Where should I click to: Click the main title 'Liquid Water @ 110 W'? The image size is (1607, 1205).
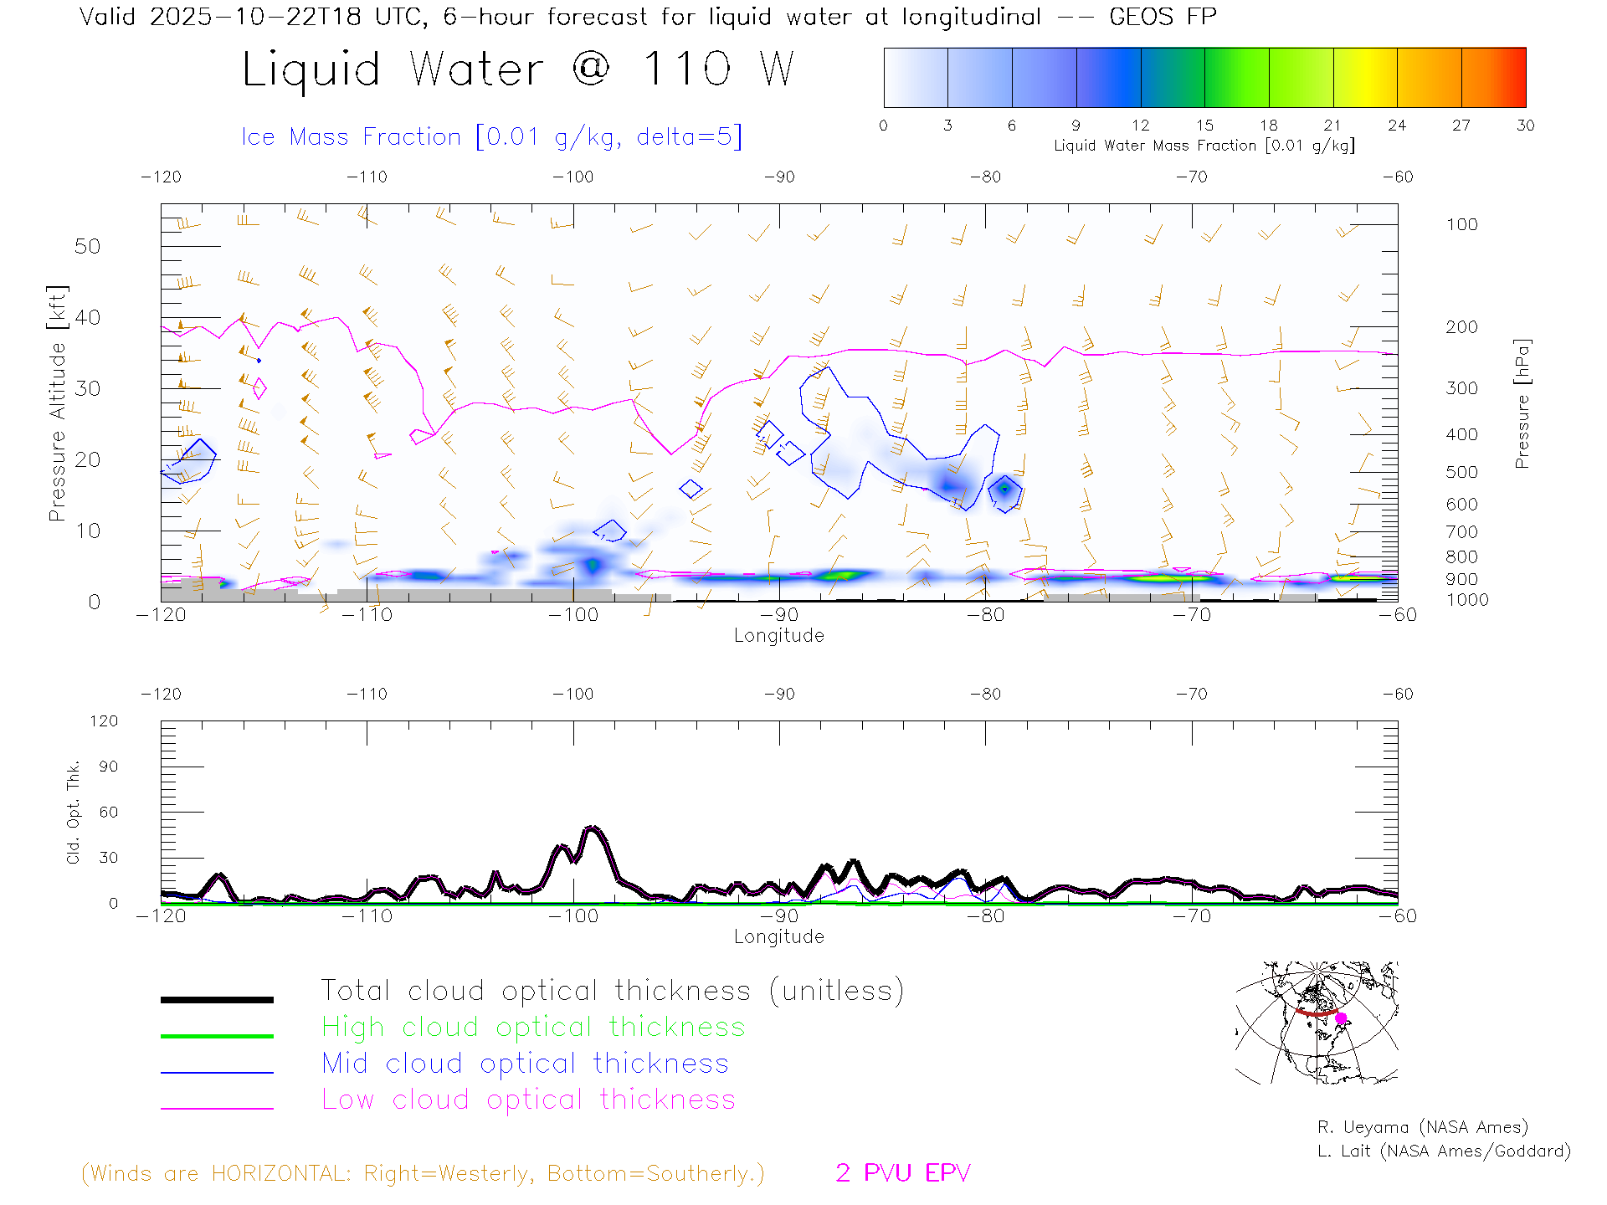tap(517, 69)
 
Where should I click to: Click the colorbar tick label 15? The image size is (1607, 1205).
tap(1204, 126)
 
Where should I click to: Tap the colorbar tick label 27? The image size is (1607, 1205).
tap(1461, 126)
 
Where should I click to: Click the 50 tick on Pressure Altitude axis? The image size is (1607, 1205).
tap(87, 246)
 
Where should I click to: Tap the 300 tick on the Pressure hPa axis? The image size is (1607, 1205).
tap(1461, 388)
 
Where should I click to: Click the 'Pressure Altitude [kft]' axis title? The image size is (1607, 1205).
tap(57, 403)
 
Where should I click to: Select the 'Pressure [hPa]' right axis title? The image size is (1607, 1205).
tap(1522, 403)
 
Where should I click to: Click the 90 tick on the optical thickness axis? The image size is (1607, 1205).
tap(109, 767)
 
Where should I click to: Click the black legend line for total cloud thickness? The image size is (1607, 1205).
tap(217, 999)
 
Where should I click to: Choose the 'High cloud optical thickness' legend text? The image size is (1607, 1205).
tap(533, 1027)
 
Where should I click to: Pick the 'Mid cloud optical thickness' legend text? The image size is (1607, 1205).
tap(525, 1064)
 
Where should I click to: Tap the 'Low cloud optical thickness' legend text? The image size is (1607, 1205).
tap(528, 1100)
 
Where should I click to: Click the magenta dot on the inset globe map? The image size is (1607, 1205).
tap(1341, 1018)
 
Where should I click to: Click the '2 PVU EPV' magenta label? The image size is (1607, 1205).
tap(902, 1173)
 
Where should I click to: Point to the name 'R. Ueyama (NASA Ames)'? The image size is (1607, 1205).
tap(1422, 1127)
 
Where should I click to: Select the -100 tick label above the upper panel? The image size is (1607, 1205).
tap(573, 177)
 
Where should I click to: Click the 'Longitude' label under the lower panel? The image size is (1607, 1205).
tap(778, 936)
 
